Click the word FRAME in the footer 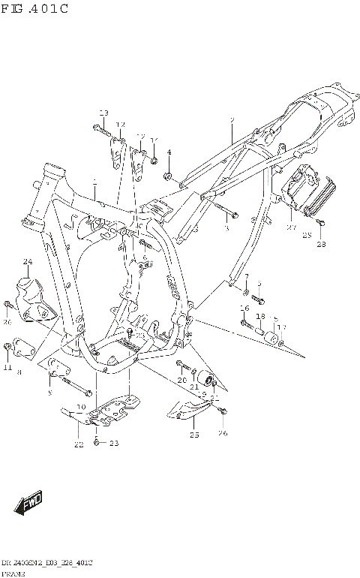click(x=13, y=573)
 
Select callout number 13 click(x=103, y=113)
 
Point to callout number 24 click(x=28, y=262)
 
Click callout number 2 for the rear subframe click(x=232, y=120)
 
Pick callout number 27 click(x=292, y=226)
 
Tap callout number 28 click(x=321, y=244)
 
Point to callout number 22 click(x=78, y=444)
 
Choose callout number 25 click(x=194, y=435)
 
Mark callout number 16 click(x=244, y=309)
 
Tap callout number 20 click(x=181, y=381)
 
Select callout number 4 click(x=169, y=152)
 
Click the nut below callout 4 click(x=169, y=177)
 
